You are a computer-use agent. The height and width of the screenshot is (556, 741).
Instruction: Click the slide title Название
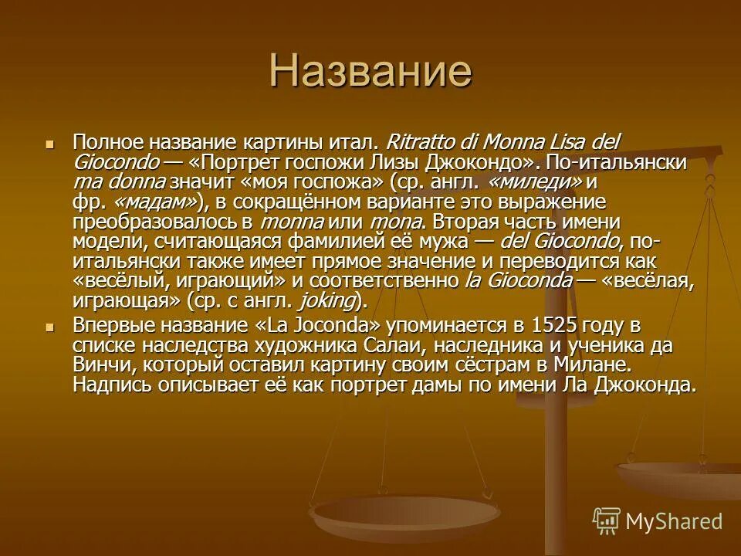pos(370,73)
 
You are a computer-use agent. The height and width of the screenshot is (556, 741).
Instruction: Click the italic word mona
pos(397,222)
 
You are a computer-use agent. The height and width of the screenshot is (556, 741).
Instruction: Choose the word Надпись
pos(108,385)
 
